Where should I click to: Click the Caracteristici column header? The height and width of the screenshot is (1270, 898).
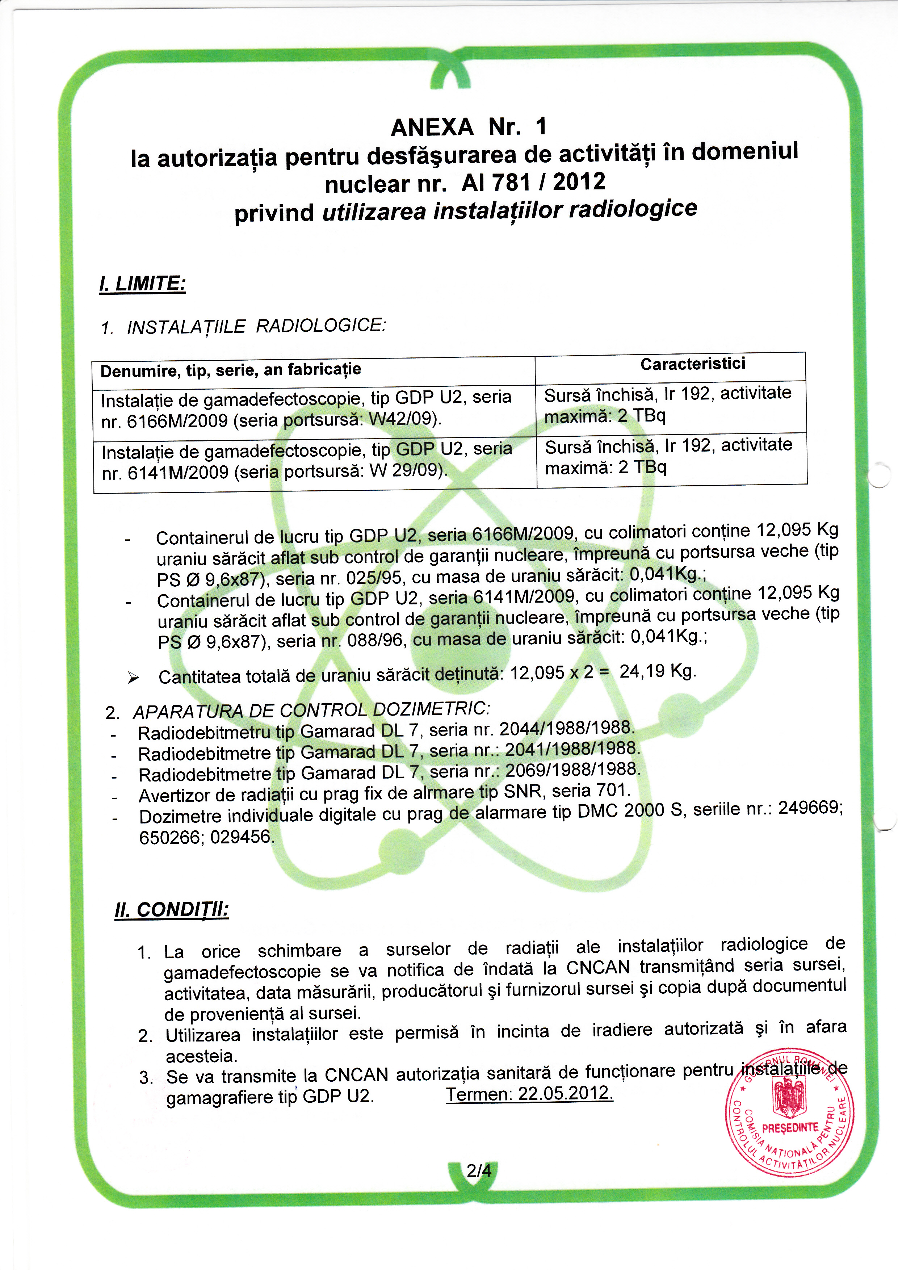pos(692,364)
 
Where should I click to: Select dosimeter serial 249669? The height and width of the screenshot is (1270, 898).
pos(810,809)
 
